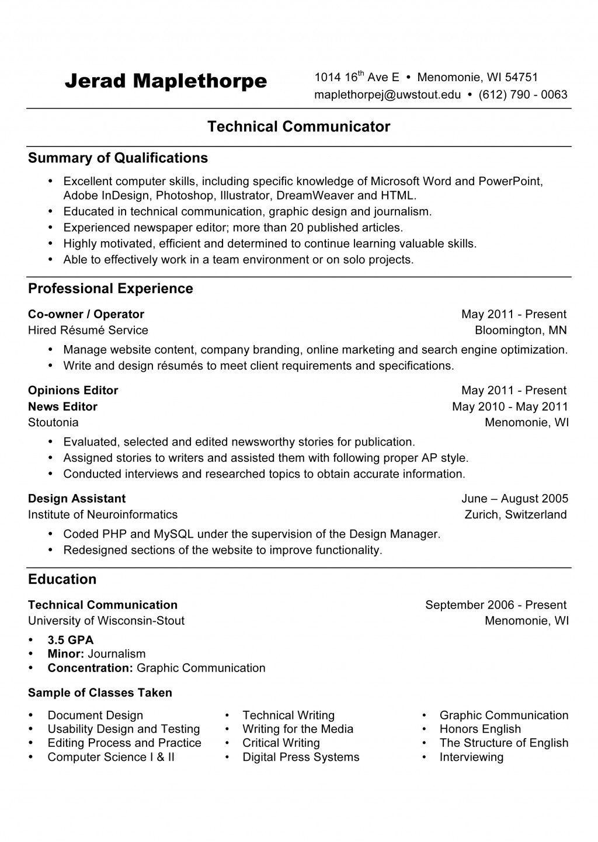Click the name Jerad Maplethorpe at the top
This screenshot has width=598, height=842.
[x=166, y=81]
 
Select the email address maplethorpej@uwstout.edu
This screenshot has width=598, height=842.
[x=387, y=95]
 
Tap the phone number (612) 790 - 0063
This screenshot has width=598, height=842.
[x=523, y=95]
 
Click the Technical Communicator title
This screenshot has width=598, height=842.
[x=298, y=126]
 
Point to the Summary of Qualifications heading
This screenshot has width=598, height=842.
[x=118, y=158]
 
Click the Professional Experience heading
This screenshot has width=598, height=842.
[x=110, y=288]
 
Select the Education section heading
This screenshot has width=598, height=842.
[x=62, y=579]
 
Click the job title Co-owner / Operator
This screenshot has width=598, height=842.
[x=86, y=314]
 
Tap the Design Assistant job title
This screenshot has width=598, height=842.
[x=77, y=499]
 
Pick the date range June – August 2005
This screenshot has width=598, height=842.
[x=514, y=499]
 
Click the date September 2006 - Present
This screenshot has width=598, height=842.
[x=496, y=605]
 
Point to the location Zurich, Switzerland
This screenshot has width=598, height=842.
[x=516, y=514]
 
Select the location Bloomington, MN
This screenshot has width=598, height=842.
[x=520, y=330]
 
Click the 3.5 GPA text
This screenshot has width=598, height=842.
[x=71, y=639]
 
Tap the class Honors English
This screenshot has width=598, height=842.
[x=480, y=729]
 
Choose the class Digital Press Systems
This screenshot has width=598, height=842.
[x=301, y=757]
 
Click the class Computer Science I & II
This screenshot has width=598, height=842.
[x=111, y=757]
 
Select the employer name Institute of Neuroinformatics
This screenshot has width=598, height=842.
[x=103, y=514]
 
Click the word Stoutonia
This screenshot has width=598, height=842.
[x=53, y=422]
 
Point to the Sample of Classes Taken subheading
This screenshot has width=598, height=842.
[x=100, y=693]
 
